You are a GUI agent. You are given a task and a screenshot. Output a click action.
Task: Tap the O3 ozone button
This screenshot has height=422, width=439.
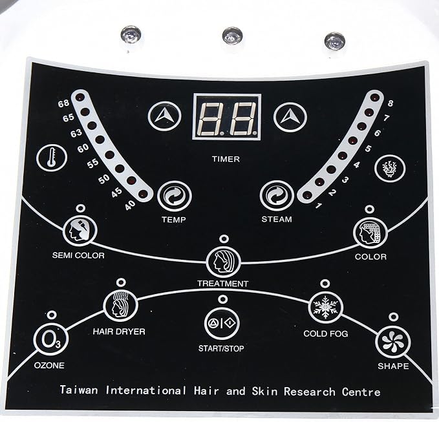coord(50,339)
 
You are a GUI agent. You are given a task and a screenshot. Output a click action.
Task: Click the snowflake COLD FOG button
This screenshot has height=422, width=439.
coord(325,307)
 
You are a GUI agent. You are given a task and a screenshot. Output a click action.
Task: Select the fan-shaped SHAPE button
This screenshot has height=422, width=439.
coord(393,342)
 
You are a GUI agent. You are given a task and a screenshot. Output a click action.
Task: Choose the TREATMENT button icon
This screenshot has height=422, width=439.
coord(224,262)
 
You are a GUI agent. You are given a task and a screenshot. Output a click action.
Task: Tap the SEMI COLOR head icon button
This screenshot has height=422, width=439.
coord(80,231)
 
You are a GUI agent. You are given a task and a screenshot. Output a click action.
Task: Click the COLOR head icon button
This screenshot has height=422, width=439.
coord(370,232)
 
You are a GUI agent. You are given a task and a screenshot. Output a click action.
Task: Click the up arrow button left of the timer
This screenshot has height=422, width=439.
coord(165,116)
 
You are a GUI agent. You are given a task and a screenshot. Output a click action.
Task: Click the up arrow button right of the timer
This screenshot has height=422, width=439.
coord(290,117)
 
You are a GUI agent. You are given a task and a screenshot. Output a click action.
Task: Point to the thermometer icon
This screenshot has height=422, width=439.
coord(52,157)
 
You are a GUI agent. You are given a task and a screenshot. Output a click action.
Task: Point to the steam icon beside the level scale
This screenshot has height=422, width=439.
coord(390,168)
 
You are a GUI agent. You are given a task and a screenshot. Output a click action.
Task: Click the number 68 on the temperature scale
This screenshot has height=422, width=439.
coord(63,103)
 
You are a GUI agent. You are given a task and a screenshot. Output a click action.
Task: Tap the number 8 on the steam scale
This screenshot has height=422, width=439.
coord(391,103)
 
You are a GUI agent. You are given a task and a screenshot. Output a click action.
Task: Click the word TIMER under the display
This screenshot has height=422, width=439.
coord(226,159)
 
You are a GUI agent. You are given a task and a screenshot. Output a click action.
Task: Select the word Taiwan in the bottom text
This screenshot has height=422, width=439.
coord(79,390)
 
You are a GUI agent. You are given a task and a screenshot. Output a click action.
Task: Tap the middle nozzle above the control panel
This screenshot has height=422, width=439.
coord(232,36)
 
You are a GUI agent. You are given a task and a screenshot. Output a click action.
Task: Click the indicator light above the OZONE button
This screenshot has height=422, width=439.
coord(52,315)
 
